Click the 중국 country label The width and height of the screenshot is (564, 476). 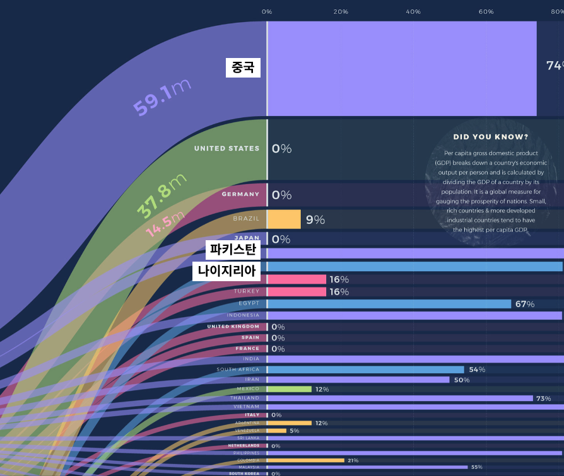click(243, 67)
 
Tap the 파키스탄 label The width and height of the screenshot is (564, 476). click(233, 251)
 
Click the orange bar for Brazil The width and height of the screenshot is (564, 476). click(284, 219)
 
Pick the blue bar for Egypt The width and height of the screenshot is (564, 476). click(389, 304)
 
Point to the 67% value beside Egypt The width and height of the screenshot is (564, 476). click(525, 304)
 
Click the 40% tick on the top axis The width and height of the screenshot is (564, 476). click(413, 12)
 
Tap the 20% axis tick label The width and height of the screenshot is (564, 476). click(341, 12)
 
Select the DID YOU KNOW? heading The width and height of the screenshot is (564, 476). click(491, 137)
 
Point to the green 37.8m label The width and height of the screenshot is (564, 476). click(162, 195)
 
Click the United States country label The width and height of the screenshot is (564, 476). click(226, 149)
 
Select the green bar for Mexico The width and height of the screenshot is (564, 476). click(290, 389)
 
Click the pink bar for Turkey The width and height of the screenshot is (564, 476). click(297, 292)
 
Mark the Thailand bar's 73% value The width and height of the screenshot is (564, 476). click(543, 398)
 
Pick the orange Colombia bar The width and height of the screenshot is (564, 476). click(306, 460)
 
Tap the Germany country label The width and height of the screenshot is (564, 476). click(240, 194)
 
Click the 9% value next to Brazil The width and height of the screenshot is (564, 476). click(315, 219)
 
